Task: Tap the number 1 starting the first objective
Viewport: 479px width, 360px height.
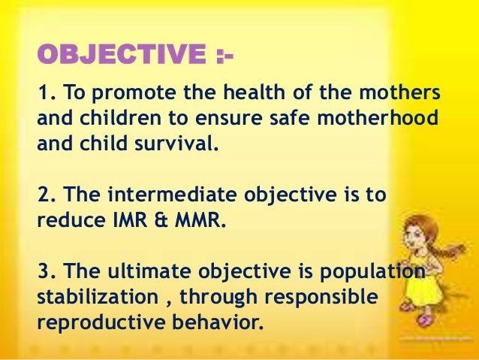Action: (42, 95)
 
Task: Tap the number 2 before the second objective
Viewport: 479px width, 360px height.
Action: (43, 196)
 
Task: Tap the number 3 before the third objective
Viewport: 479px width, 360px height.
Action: (43, 273)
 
